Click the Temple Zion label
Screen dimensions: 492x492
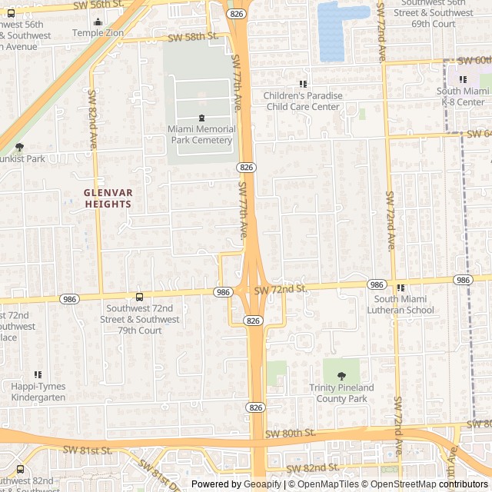click(97, 33)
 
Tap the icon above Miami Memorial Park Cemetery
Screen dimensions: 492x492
click(201, 118)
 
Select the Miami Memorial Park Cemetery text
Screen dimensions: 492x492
click(201, 135)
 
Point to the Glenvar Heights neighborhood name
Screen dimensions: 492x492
click(108, 198)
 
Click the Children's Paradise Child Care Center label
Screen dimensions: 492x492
click(302, 101)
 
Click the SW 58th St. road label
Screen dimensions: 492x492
click(192, 36)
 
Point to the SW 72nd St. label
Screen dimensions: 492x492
click(282, 288)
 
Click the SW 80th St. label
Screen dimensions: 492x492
click(290, 434)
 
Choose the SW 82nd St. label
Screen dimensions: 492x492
click(312, 467)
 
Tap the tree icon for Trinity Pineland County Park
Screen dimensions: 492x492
click(341, 376)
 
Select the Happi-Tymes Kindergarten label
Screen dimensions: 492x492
click(38, 392)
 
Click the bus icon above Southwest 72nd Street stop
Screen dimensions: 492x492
click(139, 297)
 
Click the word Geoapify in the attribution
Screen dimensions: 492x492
click(263, 484)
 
